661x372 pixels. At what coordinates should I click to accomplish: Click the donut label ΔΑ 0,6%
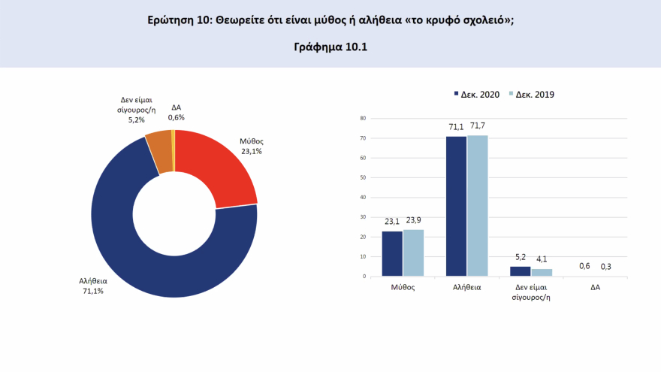(176, 113)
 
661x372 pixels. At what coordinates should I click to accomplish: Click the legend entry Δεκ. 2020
(478, 95)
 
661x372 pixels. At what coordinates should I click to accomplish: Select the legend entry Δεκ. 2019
(532, 95)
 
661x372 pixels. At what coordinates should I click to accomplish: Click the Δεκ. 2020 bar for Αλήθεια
(456, 206)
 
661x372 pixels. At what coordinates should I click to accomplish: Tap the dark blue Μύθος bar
(392, 253)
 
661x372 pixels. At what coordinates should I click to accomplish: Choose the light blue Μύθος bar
(413, 253)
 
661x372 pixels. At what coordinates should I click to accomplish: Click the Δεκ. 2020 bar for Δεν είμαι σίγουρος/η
(521, 271)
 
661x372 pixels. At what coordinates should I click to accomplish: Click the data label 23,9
(414, 221)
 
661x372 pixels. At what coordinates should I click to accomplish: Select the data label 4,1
(542, 260)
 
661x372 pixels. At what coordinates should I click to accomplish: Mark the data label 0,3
(606, 266)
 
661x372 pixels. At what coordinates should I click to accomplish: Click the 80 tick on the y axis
(363, 119)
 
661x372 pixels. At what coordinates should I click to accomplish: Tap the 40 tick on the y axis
(363, 198)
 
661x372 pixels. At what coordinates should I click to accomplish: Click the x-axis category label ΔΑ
(596, 287)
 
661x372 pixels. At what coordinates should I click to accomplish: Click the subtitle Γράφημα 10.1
(330, 47)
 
